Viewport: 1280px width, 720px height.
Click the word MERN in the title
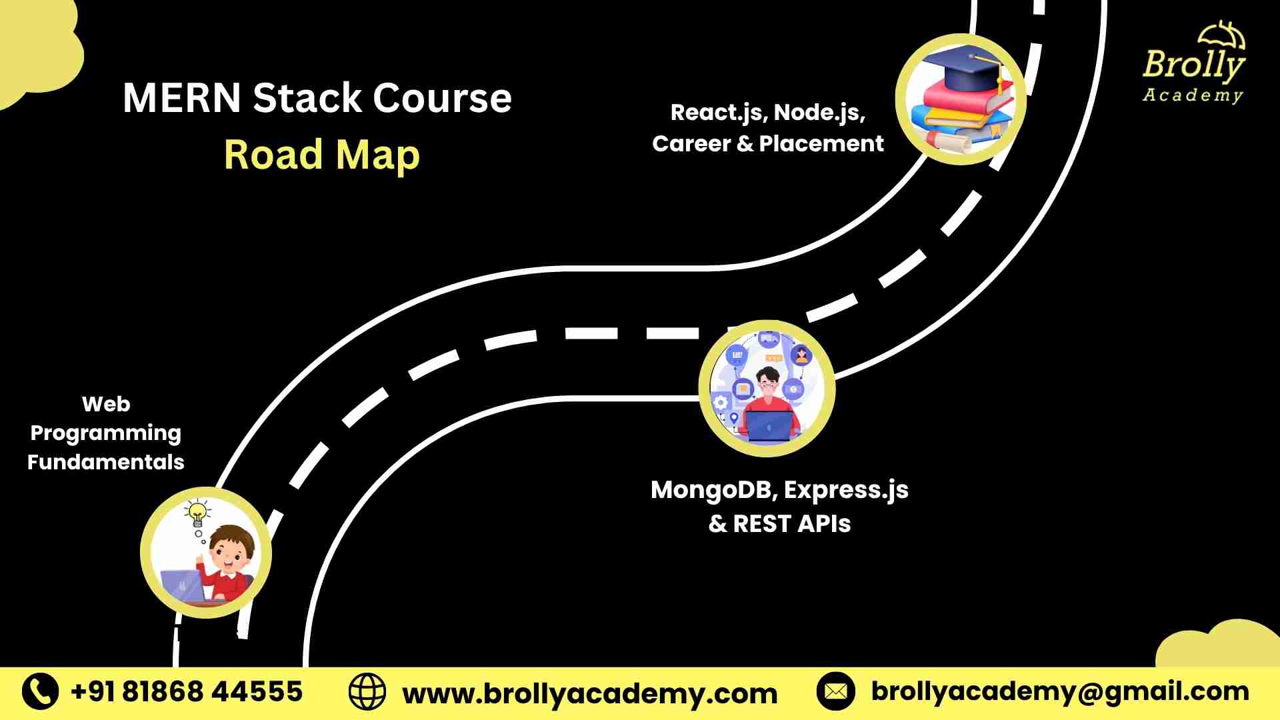click(x=181, y=98)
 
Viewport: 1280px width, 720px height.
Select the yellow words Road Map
click(x=321, y=155)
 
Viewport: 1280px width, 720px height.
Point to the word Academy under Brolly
click(x=1193, y=95)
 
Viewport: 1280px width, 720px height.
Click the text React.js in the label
click(x=716, y=113)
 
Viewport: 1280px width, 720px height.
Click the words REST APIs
click(x=792, y=524)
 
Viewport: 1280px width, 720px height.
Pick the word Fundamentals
click(x=105, y=462)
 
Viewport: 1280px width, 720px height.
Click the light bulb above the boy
click(x=197, y=513)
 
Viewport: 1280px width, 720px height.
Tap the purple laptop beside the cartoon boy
click(x=182, y=586)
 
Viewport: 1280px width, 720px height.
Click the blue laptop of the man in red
click(x=770, y=425)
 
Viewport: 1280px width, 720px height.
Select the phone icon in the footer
click(x=40, y=691)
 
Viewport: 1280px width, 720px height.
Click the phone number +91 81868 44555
click(x=187, y=692)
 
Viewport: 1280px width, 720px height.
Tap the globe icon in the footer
click(x=367, y=692)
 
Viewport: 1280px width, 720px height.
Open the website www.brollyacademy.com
click(x=590, y=694)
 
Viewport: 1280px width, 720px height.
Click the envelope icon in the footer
click(x=835, y=691)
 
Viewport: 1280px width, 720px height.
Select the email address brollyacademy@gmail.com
click(x=1060, y=692)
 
